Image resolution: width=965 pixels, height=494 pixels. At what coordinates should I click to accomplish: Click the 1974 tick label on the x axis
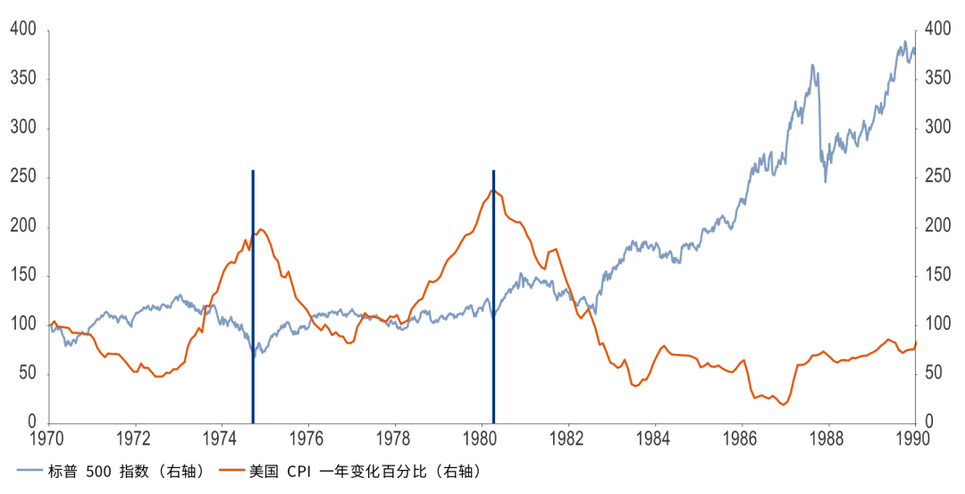(x=222, y=440)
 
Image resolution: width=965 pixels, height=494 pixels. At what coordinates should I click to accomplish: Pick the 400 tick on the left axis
(x=23, y=30)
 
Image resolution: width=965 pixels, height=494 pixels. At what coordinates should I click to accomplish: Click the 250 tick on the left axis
(x=23, y=178)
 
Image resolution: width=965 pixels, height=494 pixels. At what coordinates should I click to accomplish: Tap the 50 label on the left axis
(x=28, y=373)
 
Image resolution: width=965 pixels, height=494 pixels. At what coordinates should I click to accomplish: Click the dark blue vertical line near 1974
(x=253, y=295)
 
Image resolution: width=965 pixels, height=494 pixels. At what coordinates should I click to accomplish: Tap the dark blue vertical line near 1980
(x=493, y=295)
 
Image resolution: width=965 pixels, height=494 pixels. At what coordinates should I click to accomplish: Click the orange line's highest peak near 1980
(x=491, y=189)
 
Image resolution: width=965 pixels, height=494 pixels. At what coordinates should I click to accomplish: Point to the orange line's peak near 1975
(x=261, y=230)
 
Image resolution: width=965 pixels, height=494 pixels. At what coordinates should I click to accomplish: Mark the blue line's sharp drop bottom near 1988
(x=826, y=181)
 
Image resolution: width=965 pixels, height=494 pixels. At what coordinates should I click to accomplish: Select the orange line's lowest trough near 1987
(x=784, y=405)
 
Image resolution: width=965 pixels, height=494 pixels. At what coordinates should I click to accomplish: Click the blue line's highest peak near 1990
(x=904, y=42)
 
